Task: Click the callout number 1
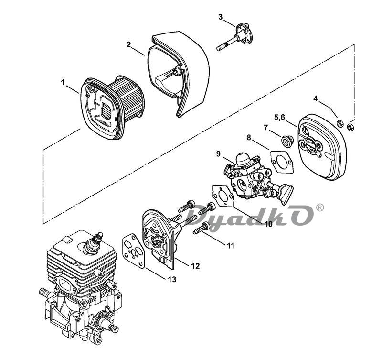pos(63,83)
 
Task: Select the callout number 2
pos(128,44)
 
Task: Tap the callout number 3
pos(221,17)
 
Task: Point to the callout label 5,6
pos(280,117)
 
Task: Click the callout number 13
pos(172,279)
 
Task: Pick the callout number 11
pos(231,245)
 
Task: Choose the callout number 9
pos(218,153)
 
